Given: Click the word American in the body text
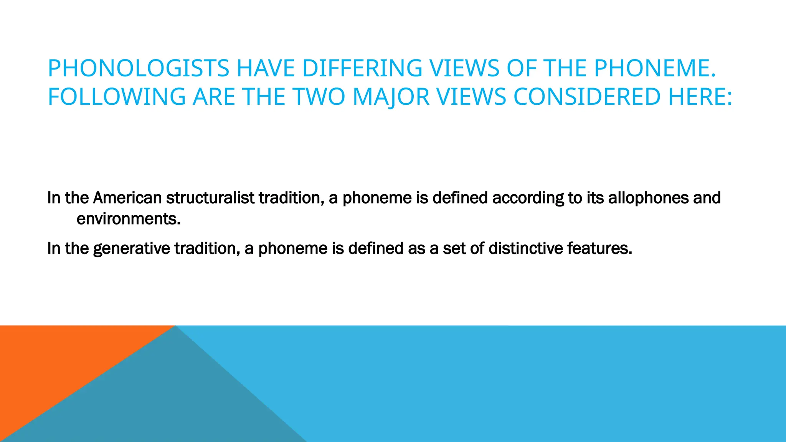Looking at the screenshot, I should (x=127, y=198).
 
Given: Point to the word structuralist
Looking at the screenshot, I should (x=210, y=198).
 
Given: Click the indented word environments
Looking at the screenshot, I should (x=128, y=219).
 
